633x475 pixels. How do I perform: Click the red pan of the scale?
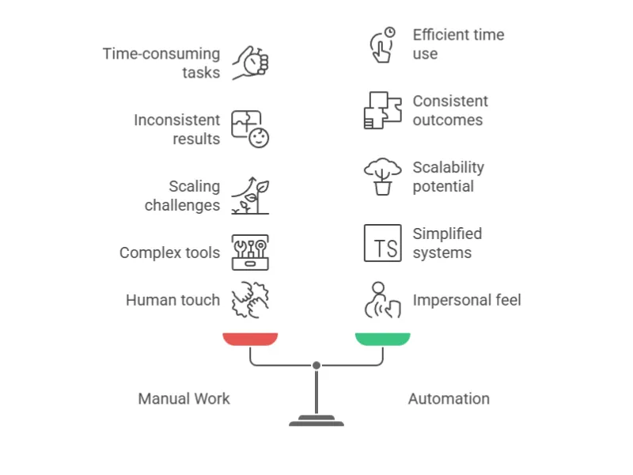[250, 339]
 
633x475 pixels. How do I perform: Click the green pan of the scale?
[382, 339]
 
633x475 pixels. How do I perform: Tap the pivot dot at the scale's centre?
[316, 365]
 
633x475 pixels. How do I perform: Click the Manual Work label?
[184, 398]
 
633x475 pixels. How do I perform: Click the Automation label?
[449, 398]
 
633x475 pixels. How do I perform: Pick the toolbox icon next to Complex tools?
[250, 253]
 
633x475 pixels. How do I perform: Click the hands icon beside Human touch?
[250, 300]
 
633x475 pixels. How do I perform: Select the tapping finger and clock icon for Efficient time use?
[382, 44]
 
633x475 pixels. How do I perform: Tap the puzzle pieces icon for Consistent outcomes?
[382, 110]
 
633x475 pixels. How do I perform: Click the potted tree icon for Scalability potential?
[382, 177]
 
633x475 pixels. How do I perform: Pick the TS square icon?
[382, 243]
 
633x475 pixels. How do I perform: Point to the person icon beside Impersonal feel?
[382, 300]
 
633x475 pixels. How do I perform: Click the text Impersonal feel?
[467, 300]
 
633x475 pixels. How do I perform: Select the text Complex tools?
[169, 253]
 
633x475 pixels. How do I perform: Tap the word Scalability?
[448, 167]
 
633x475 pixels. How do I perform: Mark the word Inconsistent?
[176, 120]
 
